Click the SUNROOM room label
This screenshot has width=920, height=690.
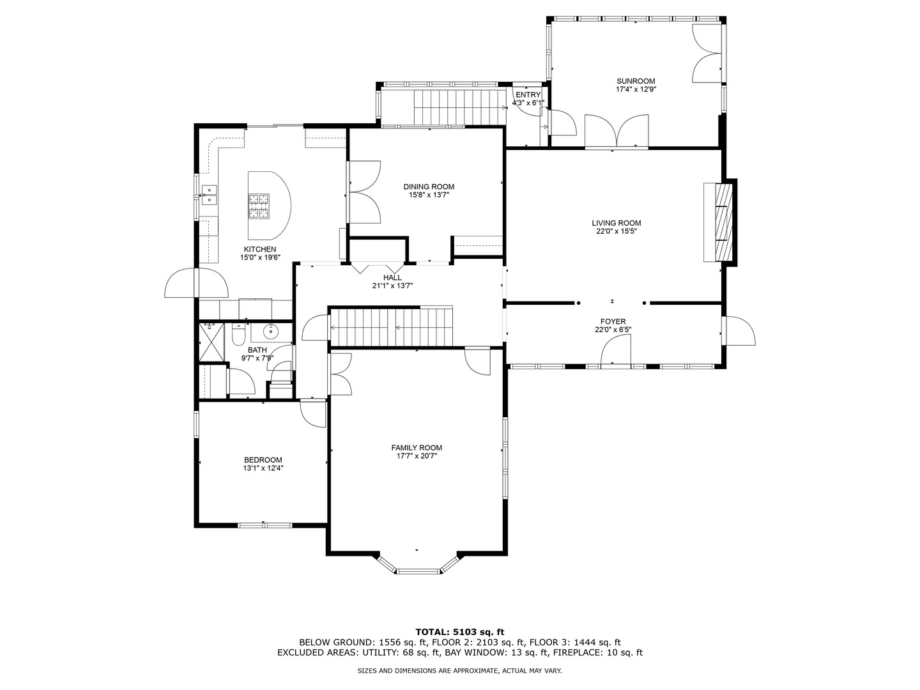coord(636,81)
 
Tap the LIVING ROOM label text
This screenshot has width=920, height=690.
coord(616,224)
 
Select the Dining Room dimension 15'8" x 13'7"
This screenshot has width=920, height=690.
coord(429,195)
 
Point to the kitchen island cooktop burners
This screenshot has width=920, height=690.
coord(259,206)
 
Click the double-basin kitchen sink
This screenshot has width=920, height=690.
coord(209,195)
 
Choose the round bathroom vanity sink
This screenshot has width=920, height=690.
coord(270,332)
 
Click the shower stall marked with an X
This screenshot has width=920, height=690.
coord(211,342)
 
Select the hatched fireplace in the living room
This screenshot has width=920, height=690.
coord(724,222)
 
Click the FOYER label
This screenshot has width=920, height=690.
coord(613,322)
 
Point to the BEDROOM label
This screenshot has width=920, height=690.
coord(263,460)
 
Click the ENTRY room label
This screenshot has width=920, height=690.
coord(528,95)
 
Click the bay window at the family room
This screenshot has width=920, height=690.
coord(417,565)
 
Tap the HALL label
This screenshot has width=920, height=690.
coord(392,278)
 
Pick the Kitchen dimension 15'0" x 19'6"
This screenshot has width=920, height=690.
coord(260,257)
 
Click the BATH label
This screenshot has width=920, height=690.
coord(257,350)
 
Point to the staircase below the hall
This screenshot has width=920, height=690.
coord(392,326)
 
